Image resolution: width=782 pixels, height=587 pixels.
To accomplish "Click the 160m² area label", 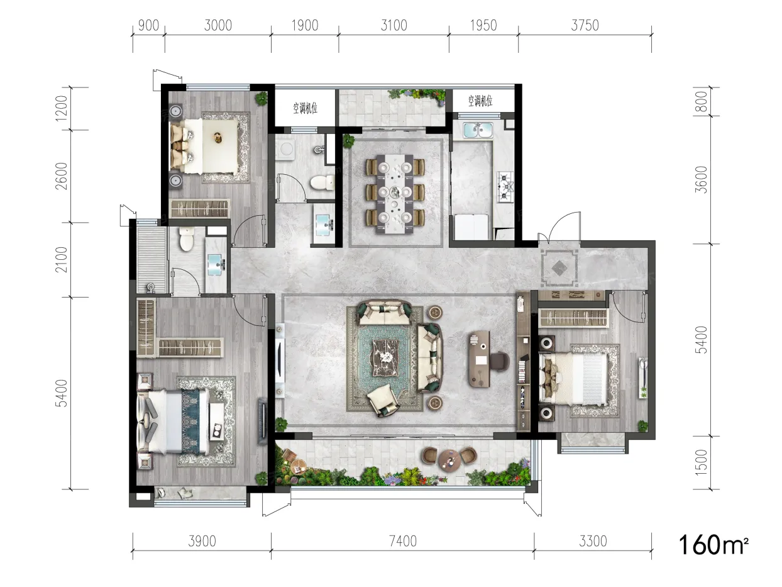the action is (x=713, y=545).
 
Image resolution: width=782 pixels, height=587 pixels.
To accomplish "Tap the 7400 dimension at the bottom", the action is (x=403, y=541).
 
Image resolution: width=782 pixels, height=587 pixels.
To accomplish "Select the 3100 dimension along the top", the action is (x=394, y=26).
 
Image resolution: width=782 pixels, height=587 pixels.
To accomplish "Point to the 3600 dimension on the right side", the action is (x=701, y=180).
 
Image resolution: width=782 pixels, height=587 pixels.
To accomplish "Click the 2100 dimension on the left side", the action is (x=61, y=259).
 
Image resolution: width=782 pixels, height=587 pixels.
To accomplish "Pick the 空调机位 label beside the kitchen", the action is (x=480, y=101).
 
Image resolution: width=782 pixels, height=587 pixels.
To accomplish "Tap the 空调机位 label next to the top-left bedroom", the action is (x=305, y=108).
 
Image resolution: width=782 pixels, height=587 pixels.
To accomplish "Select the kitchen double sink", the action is (x=478, y=130).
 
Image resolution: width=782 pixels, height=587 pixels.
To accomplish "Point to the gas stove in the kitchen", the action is (x=505, y=186).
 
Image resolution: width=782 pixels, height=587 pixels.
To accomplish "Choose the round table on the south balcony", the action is (x=449, y=461).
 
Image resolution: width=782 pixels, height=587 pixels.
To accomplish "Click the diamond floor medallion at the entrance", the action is (x=559, y=267).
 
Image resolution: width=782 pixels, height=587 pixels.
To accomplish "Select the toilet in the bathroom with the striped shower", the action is (x=186, y=239).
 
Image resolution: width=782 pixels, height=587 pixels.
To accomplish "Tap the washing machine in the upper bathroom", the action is (x=286, y=149).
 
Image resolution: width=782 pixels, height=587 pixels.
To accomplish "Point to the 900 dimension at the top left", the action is (x=148, y=26).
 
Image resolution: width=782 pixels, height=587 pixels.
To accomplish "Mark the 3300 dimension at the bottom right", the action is (x=593, y=541).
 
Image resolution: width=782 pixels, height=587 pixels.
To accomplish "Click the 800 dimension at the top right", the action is (x=701, y=101).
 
